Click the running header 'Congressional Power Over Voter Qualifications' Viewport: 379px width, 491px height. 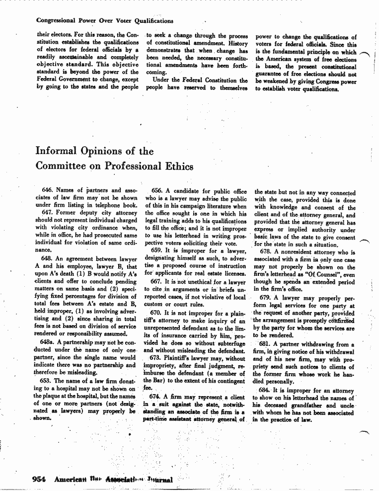coord(105,21)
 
